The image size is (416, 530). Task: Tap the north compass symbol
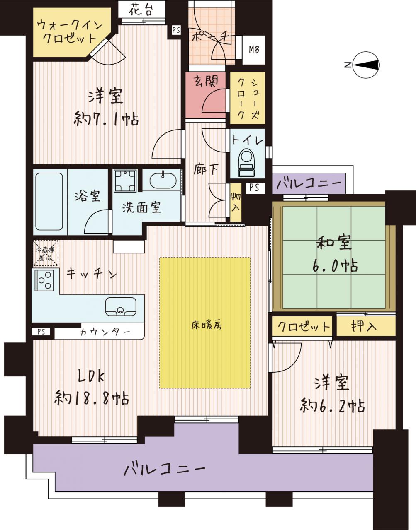pyautogui.click(x=365, y=65)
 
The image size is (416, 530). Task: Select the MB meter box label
pyautogui.click(x=254, y=50)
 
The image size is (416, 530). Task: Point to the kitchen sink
pyautogui.click(x=121, y=306)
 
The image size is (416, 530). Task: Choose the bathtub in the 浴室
pyautogui.click(x=49, y=202)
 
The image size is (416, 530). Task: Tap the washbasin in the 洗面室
pyautogui.click(x=162, y=180)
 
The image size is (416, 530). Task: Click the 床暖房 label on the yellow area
pyautogui.click(x=207, y=325)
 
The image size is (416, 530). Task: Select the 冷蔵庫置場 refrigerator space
pyautogui.click(x=46, y=253)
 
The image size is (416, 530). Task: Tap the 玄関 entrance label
pyautogui.click(x=206, y=81)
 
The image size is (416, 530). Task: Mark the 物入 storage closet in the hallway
pyautogui.click(x=236, y=202)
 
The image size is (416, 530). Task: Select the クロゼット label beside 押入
pyautogui.click(x=304, y=326)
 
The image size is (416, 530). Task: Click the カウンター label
pyautogui.click(x=105, y=332)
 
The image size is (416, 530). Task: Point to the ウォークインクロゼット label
pyautogui.click(x=69, y=32)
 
